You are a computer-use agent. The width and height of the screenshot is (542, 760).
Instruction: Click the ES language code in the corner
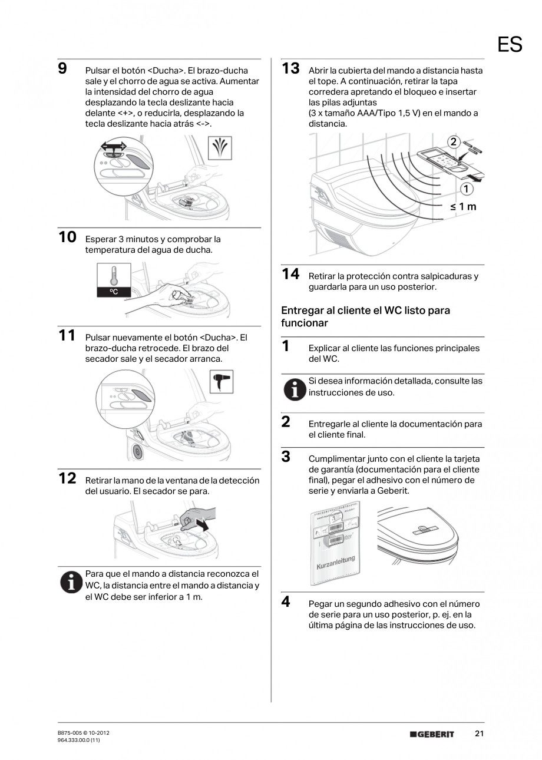click(x=510, y=44)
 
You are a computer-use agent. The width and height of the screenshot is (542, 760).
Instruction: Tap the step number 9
click(x=62, y=69)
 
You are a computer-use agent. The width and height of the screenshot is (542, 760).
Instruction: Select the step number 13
click(x=290, y=68)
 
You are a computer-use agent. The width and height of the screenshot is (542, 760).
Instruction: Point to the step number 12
click(x=67, y=478)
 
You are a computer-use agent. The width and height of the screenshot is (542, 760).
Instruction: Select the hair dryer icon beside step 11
click(x=222, y=381)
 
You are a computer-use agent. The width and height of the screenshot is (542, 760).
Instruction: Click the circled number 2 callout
click(x=453, y=141)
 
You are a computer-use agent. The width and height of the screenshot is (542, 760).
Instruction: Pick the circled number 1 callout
click(x=467, y=189)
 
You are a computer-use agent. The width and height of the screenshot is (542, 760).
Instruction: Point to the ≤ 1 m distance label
click(x=463, y=207)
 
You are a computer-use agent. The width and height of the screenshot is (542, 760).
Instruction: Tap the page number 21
click(x=479, y=733)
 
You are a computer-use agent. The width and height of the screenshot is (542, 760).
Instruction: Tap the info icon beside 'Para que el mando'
click(x=71, y=582)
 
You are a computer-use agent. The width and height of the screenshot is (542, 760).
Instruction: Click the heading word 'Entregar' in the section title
click(x=301, y=310)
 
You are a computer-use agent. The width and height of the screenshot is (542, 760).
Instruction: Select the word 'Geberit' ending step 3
click(x=392, y=491)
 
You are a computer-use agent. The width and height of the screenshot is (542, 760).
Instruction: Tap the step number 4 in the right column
click(x=286, y=602)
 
